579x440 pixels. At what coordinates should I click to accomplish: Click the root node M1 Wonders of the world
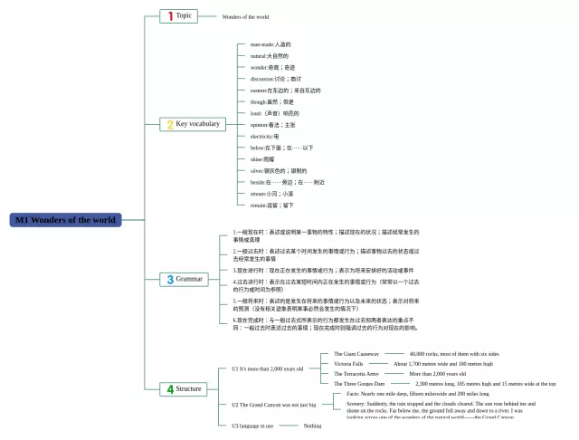(x=65, y=220)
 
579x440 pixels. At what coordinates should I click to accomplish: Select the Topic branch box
(x=178, y=15)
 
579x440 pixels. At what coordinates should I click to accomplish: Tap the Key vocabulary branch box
(x=193, y=124)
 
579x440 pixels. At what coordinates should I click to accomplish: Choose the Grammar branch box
(x=183, y=279)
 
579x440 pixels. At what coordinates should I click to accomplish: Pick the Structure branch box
(x=183, y=388)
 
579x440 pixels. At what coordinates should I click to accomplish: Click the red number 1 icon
(x=168, y=15)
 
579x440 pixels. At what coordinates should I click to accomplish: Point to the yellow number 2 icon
(x=168, y=124)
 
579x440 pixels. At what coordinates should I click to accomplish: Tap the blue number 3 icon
(x=169, y=279)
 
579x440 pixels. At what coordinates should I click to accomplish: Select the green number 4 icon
(x=169, y=388)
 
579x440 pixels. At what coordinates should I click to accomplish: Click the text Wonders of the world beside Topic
(x=245, y=16)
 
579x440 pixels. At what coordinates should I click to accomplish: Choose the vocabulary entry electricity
(x=264, y=136)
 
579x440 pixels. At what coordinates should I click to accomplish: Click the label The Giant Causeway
(x=356, y=354)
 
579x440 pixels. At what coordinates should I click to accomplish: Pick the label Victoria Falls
(x=348, y=364)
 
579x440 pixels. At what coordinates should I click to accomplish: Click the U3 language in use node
(x=252, y=426)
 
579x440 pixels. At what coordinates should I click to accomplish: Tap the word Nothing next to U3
(x=312, y=426)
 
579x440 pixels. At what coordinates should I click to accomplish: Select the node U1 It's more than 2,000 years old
(x=267, y=368)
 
